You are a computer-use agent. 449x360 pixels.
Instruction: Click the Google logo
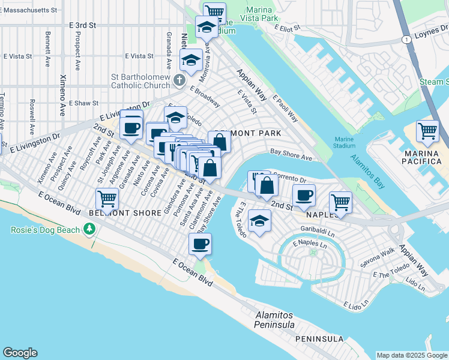(20, 353)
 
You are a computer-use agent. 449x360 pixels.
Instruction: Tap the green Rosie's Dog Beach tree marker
(89, 228)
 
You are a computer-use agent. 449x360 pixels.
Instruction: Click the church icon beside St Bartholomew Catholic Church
(178, 80)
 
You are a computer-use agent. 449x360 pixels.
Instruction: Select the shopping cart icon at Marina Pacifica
(427, 130)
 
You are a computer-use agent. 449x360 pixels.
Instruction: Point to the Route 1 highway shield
(407, 39)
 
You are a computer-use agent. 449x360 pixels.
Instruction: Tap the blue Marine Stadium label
(345, 142)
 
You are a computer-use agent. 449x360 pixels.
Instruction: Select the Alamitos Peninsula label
(274, 320)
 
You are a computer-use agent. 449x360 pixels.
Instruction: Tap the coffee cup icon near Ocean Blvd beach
(200, 243)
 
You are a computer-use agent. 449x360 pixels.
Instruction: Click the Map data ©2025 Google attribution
(412, 355)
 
